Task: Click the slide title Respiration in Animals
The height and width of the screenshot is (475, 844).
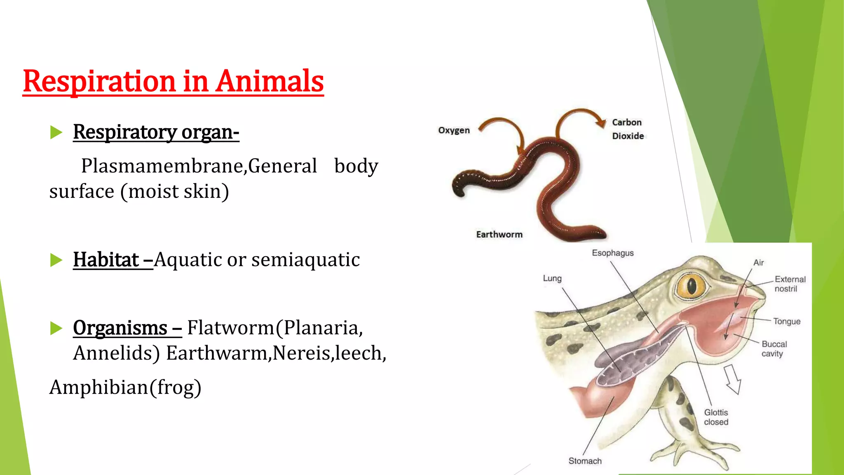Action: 173,81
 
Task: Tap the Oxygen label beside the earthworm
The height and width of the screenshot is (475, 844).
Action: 454,130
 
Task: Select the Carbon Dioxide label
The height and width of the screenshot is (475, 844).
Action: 628,129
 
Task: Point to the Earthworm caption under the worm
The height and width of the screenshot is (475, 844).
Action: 499,235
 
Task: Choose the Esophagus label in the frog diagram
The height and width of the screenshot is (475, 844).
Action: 612,253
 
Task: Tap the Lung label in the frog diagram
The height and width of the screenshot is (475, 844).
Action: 552,278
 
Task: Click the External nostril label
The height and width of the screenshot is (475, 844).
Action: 790,284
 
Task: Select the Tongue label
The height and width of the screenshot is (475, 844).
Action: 787,321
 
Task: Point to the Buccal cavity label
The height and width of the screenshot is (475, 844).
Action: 774,349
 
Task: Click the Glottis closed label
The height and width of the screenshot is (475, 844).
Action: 716,417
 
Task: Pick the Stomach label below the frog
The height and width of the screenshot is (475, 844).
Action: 585,461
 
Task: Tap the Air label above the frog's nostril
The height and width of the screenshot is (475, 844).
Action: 758,263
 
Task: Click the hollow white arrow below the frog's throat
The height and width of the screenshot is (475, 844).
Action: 733,379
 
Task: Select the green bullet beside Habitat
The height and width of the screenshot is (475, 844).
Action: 56,260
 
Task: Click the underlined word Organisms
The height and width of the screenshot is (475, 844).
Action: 120,328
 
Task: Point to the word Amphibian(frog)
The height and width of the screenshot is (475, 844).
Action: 125,388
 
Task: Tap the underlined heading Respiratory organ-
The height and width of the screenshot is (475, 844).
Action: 156,132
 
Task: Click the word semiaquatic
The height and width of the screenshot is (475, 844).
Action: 305,260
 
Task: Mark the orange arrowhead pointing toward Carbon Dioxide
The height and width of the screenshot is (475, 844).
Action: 600,122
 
